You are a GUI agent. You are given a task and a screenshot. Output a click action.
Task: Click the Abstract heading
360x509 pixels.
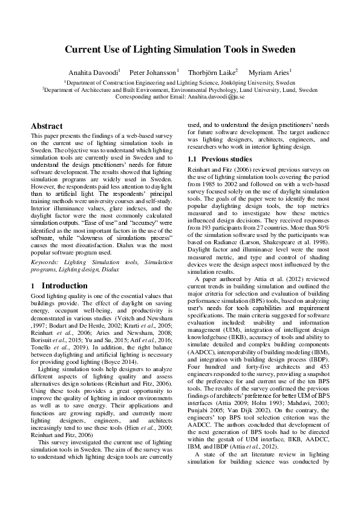tap(47, 126)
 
